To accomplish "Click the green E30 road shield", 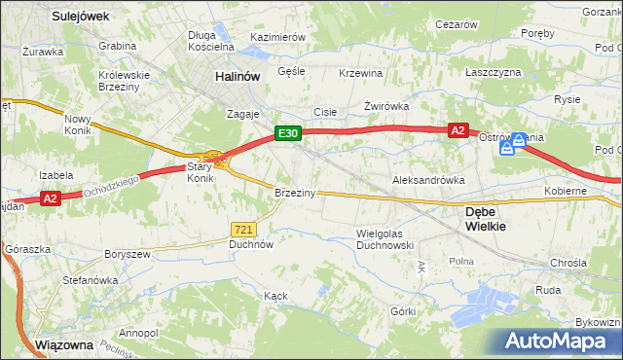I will point(286,133).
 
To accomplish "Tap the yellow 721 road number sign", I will point(243,229).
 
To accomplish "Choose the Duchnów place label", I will point(250,245).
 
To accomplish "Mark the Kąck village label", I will point(275,295).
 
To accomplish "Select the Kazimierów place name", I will point(278,36).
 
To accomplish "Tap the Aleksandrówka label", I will point(427,180).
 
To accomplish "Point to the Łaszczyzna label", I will point(493,72).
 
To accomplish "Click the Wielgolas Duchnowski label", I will point(386,239).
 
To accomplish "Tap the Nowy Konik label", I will point(77,125).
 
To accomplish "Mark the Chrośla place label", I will point(568,263).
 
